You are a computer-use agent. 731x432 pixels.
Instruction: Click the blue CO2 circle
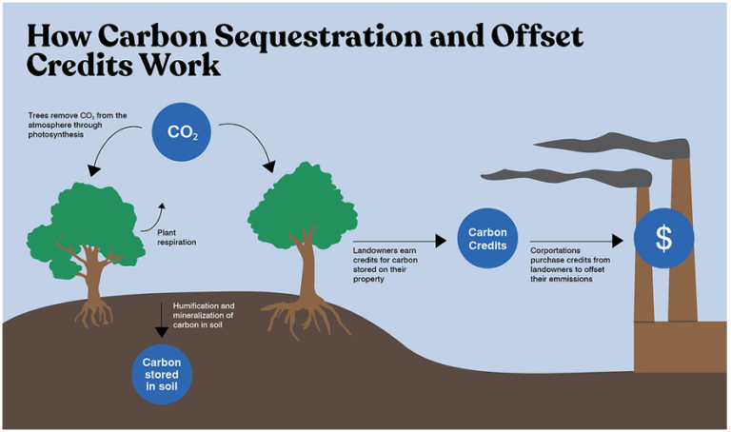coord(181,131)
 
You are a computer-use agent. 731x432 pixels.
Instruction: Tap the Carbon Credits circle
coord(486,239)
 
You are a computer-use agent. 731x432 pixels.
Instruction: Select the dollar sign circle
coord(663,238)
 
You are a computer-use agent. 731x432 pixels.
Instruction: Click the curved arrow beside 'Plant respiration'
coord(153,215)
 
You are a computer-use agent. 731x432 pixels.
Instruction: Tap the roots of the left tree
coord(94,309)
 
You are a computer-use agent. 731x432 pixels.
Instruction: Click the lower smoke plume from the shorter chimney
coord(562,175)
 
